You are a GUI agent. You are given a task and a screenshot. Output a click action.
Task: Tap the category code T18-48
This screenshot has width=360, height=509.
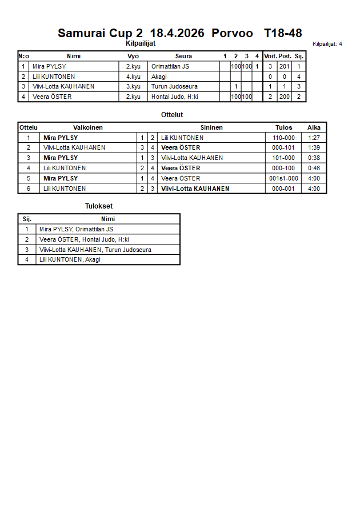pyautogui.click(x=283, y=33)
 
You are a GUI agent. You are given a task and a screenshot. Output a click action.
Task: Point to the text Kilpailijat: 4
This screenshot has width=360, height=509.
pyautogui.click(x=327, y=43)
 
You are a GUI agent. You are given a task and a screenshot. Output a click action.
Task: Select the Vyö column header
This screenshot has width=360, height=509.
pyautogui.click(x=133, y=56)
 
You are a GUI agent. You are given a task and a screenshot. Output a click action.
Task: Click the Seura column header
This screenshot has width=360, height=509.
pyautogui.click(x=183, y=56)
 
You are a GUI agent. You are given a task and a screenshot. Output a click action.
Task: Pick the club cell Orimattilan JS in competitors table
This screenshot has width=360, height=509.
pyautogui.click(x=170, y=66)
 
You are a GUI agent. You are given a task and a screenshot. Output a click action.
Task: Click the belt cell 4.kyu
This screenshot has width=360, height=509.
pyautogui.click(x=133, y=77)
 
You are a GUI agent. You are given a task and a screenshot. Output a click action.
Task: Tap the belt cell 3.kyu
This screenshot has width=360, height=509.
pyautogui.click(x=133, y=87)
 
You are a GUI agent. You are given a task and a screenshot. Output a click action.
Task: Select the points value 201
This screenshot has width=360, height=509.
pyautogui.click(x=285, y=66)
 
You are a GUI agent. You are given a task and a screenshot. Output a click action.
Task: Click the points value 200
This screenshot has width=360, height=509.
pyautogui.click(x=285, y=97)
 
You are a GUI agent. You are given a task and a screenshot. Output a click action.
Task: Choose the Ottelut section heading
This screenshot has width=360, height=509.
pyautogui.click(x=172, y=115)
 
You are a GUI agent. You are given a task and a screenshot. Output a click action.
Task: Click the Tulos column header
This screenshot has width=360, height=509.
pyautogui.click(x=283, y=127)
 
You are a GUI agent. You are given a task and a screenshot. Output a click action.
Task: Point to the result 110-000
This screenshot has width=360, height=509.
pyautogui.click(x=283, y=138)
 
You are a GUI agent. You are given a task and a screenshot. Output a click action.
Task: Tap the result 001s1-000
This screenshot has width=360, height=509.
pyautogui.click(x=283, y=178)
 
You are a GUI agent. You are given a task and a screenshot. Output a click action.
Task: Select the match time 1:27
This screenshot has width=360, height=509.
pyautogui.click(x=314, y=138)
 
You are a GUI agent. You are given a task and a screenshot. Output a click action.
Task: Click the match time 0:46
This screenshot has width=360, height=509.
pyautogui.click(x=314, y=168)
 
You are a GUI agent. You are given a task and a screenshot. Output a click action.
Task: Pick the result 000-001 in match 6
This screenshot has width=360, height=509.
pyautogui.click(x=283, y=189)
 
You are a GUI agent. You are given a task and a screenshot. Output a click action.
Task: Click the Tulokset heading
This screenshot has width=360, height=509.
pyautogui.click(x=98, y=206)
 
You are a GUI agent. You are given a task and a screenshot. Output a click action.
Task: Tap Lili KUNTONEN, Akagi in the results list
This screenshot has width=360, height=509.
pyautogui.click(x=70, y=259)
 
